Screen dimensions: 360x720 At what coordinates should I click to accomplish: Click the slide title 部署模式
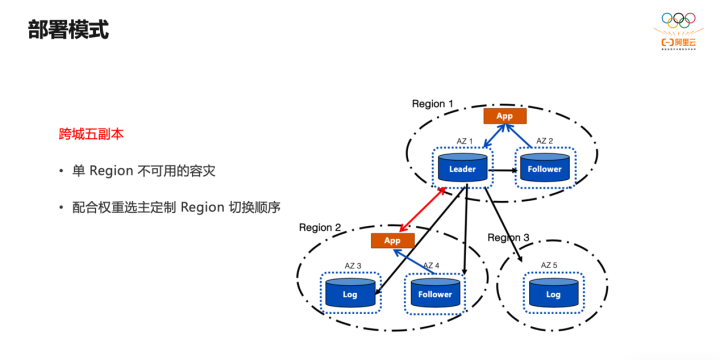pos(68,30)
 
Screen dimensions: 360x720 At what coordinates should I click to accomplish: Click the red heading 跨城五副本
pos(91,133)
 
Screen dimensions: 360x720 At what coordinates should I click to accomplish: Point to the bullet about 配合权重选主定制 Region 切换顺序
pos(176,208)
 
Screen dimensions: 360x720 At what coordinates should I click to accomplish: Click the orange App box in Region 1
pos(504,116)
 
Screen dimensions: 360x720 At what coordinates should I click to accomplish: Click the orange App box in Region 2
pos(392,240)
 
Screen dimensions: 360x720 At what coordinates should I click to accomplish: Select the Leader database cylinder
pos(462,169)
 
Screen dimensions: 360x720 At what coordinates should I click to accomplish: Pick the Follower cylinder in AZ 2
pos(545,169)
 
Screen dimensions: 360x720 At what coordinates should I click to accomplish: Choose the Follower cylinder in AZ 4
pos(435,294)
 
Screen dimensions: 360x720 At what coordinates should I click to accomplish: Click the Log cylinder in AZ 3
pos(350,294)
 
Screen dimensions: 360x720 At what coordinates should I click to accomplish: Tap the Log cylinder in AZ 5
pos(553,294)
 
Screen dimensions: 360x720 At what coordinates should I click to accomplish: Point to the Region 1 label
pos(433,104)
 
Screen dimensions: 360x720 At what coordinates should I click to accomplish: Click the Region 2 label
pos(320,228)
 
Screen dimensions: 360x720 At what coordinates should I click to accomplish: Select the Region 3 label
pos(509,237)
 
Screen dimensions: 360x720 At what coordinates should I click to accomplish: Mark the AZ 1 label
pos(463,142)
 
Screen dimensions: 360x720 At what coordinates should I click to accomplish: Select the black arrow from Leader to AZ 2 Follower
pos(503,171)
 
